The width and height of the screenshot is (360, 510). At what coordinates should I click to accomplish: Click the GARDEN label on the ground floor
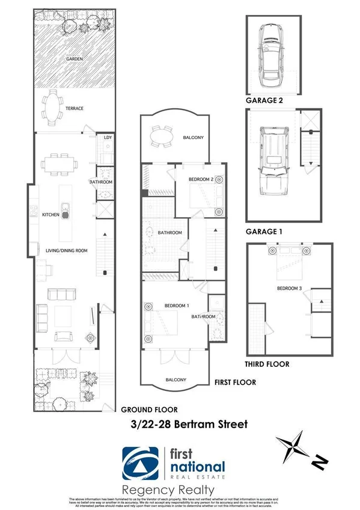75,59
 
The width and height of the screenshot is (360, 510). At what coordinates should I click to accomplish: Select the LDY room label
108,138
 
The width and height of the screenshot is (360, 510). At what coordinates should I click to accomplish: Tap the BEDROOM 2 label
201,179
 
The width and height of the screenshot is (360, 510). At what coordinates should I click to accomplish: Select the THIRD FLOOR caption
267,364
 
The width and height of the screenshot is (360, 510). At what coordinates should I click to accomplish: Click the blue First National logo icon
142,463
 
